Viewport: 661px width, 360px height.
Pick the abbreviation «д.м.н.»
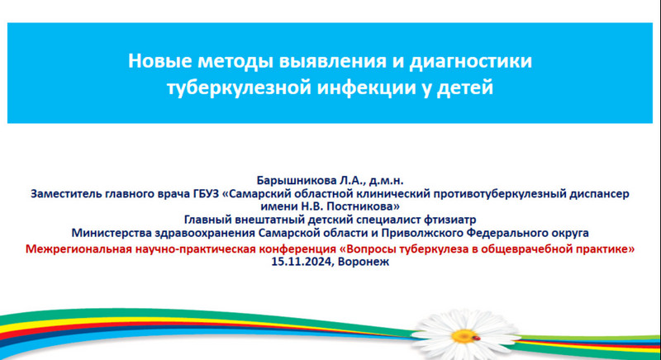pos(386,181)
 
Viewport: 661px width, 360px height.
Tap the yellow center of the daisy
pos(464,336)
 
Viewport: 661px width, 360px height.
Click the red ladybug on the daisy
pos(477,338)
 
